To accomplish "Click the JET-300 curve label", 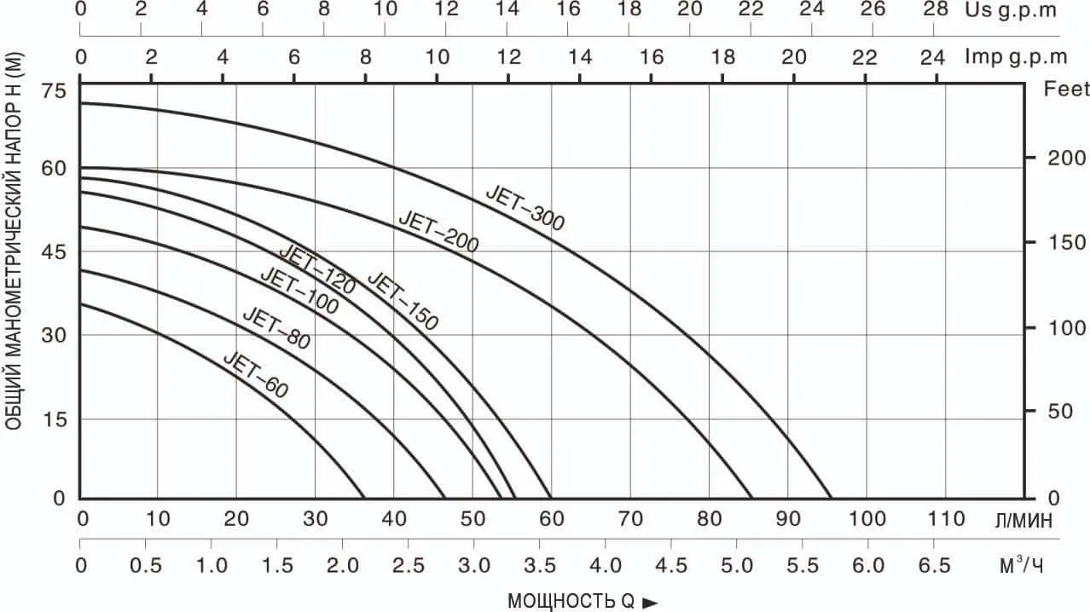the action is point(525,207).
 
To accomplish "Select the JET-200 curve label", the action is point(438,232).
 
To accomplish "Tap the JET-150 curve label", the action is point(403,301).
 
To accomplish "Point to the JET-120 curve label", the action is point(316,269).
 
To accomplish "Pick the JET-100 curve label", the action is point(299,290).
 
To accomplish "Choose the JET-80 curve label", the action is point(275,328).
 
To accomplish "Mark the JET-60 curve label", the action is point(256,374).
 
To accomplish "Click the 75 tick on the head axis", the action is point(54,91).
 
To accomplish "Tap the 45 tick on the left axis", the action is point(54,252).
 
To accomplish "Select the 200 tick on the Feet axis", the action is point(1065,158).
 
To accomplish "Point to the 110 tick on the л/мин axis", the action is point(946,519).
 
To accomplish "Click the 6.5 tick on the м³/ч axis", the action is point(934,565).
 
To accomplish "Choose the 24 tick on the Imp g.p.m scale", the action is point(932,57).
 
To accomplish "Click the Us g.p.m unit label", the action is point(1012,10).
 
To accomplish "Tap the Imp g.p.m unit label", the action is point(1016,57).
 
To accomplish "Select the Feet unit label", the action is point(1067,89).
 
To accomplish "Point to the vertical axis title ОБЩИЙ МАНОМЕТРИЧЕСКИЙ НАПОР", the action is point(14,241).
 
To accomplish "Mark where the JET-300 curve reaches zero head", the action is point(831,498).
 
